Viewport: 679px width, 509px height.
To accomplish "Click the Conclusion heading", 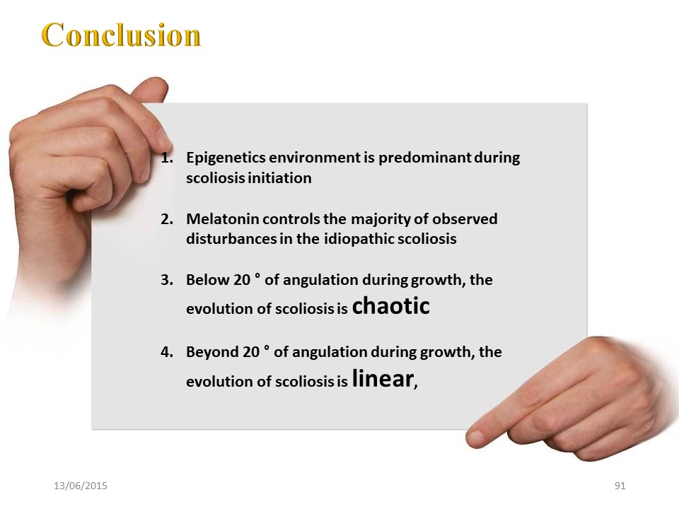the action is coord(121,35).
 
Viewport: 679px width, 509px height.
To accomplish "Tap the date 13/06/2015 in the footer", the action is coord(81,486).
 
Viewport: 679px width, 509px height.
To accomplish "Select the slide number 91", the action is coord(620,486).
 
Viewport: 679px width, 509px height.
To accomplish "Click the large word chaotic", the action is coord(390,305).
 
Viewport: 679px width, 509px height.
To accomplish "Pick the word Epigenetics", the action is coord(226,158).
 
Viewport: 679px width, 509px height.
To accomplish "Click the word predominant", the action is coord(425,158).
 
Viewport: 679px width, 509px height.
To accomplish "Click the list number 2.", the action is coord(167,219).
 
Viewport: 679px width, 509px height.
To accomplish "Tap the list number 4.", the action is coord(167,352).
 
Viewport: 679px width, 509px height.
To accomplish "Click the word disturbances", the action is coord(231,239).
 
